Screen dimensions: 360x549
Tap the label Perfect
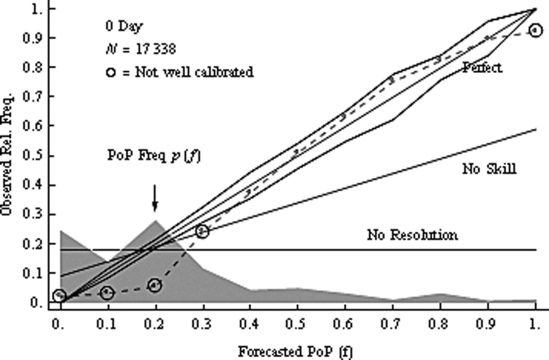[x=482, y=67]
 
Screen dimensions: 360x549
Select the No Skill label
[x=490, y=170]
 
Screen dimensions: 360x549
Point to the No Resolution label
[x=412, y=236]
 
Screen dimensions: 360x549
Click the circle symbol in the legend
[x=110, y=72]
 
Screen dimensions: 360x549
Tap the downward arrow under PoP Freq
[x=154, y=197]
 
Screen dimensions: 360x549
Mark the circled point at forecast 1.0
[x=536, y=30]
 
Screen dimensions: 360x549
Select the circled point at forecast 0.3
[x=202, y=231]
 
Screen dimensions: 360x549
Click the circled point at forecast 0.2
[x=154, y=285]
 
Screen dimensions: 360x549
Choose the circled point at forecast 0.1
[x=107, y=293]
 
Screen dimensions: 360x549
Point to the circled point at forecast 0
[x=59, y=296]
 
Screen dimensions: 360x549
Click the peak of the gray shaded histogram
[x=154, y=220]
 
